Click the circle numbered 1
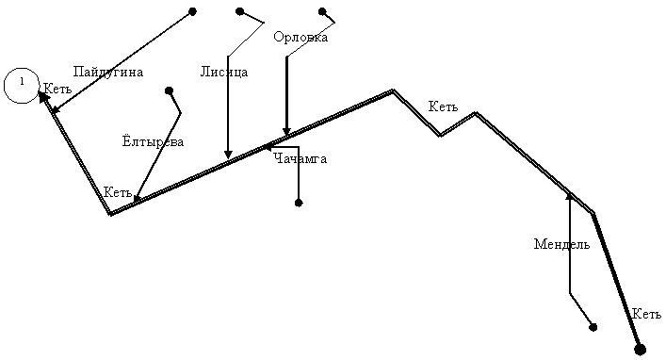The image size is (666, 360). point(22,86)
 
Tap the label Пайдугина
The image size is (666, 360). point(108,72)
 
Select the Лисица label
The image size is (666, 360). point(224,72)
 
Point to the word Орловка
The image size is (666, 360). point(301,37)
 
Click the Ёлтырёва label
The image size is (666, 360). point(153,140)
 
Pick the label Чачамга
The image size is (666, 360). point(301,159)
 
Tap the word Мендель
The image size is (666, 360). point(561,244)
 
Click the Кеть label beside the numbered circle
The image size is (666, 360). point(57,89)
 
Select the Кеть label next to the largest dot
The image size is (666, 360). point(646,314)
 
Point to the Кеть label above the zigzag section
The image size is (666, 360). point(443,106)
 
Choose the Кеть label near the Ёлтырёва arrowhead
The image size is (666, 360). point(118,192)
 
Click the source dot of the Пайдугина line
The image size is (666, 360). point(192,11)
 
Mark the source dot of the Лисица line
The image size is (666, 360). point(240,11)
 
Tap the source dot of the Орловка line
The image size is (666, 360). point(322,11)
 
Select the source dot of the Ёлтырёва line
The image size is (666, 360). point(169,90)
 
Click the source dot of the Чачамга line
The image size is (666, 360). point(299,203)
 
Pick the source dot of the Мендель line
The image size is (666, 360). point(593,327)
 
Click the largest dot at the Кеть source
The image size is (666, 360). point(640,350)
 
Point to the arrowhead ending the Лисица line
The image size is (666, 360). point(228,155)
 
